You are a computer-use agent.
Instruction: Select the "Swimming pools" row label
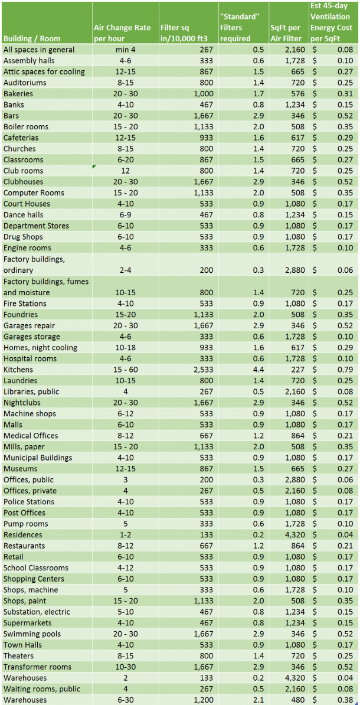point(32,634)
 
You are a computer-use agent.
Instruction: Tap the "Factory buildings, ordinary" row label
point(38,265)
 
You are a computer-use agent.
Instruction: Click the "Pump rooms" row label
point(26,524)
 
